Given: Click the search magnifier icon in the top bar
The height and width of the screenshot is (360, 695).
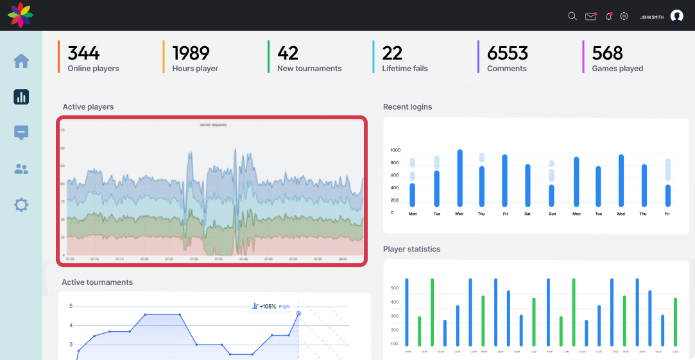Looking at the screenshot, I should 572,16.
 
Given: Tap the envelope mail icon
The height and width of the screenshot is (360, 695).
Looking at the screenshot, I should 590,16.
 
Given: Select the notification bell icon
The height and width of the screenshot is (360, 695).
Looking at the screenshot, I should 608,16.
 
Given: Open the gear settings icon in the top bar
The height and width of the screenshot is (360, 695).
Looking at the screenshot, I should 624,16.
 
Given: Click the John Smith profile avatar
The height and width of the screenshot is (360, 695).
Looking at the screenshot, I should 676,16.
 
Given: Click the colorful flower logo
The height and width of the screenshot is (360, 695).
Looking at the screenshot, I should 21,15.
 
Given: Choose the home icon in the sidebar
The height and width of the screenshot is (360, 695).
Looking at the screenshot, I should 21,61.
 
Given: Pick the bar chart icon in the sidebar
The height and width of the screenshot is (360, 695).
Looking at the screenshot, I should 21,97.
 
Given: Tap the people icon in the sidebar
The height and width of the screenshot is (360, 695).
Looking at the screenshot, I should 21,169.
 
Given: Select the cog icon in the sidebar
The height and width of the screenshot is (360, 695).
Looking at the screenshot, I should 21,205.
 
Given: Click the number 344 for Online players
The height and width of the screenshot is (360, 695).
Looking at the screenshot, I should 83,53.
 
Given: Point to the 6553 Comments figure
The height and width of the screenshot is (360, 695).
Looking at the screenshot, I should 507,53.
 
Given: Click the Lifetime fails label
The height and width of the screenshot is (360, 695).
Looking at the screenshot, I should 404,69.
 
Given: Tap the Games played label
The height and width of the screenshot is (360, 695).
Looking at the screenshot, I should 617,69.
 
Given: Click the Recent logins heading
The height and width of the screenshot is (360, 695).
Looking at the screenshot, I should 408,107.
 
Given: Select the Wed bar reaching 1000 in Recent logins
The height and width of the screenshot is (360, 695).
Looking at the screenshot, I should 459,178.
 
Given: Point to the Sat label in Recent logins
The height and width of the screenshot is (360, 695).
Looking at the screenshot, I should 528,214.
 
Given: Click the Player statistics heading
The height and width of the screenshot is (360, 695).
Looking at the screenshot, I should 411,249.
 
